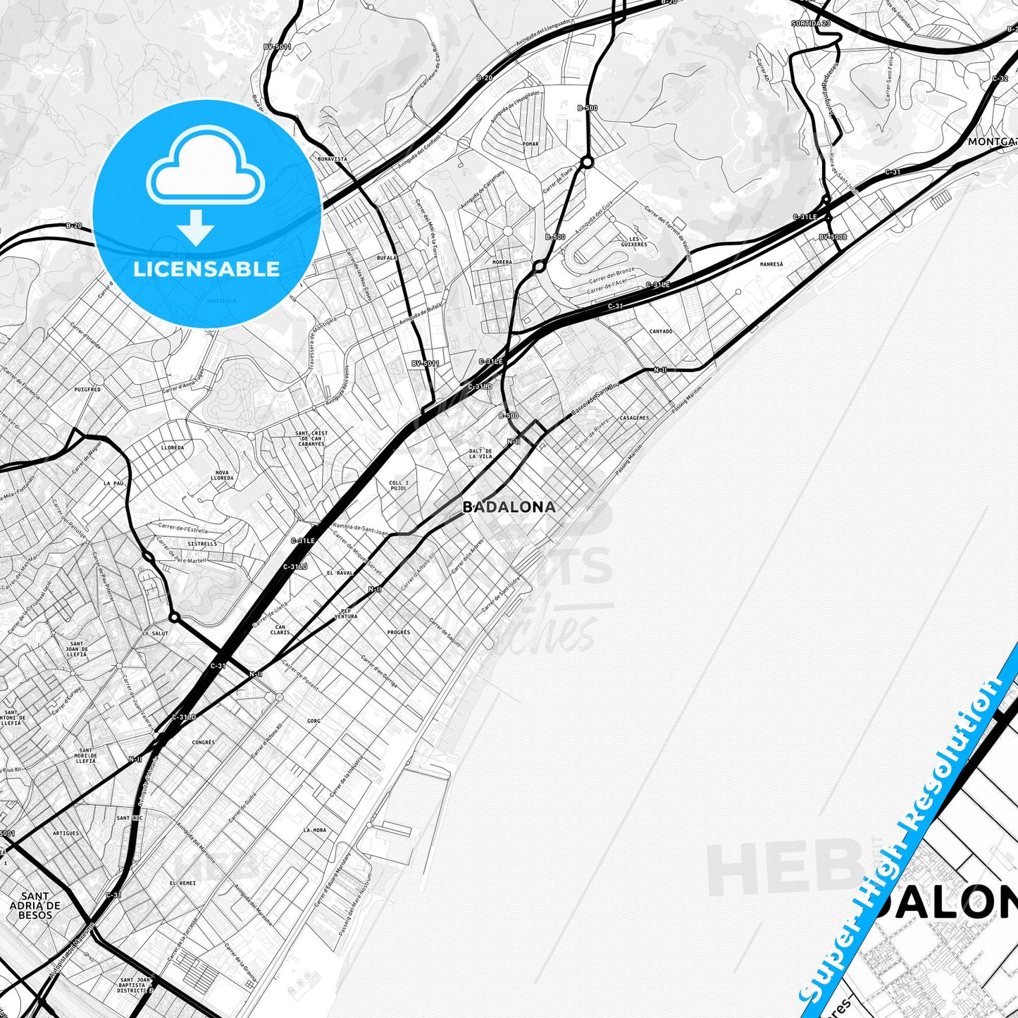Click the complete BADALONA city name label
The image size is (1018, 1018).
[x=509, y=507]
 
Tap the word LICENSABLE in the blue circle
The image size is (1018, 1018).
[x=206, y=269]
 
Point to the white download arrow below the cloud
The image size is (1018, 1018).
[x=196, y=227]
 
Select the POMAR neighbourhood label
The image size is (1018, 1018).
[x=530, y=144]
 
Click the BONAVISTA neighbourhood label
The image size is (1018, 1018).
[x=333, y=159]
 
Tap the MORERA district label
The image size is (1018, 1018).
[x=502, y=262]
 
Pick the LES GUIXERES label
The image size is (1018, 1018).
[x=638, y=242]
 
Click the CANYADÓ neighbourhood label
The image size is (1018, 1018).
[x=661, y=331]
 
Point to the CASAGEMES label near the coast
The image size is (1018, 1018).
[x=634, y=418]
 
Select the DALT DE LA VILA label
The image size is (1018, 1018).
[x=480, y=453]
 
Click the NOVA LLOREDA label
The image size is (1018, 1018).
[x=223, y=475]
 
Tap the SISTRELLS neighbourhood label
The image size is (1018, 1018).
[x=202, y=544]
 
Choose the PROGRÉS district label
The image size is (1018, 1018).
[x=398, y=633]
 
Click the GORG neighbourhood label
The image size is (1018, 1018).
[x=314, y=721]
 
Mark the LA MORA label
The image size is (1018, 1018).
[x=315, y=830]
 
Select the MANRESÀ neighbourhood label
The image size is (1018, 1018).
[x=771, y=264]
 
